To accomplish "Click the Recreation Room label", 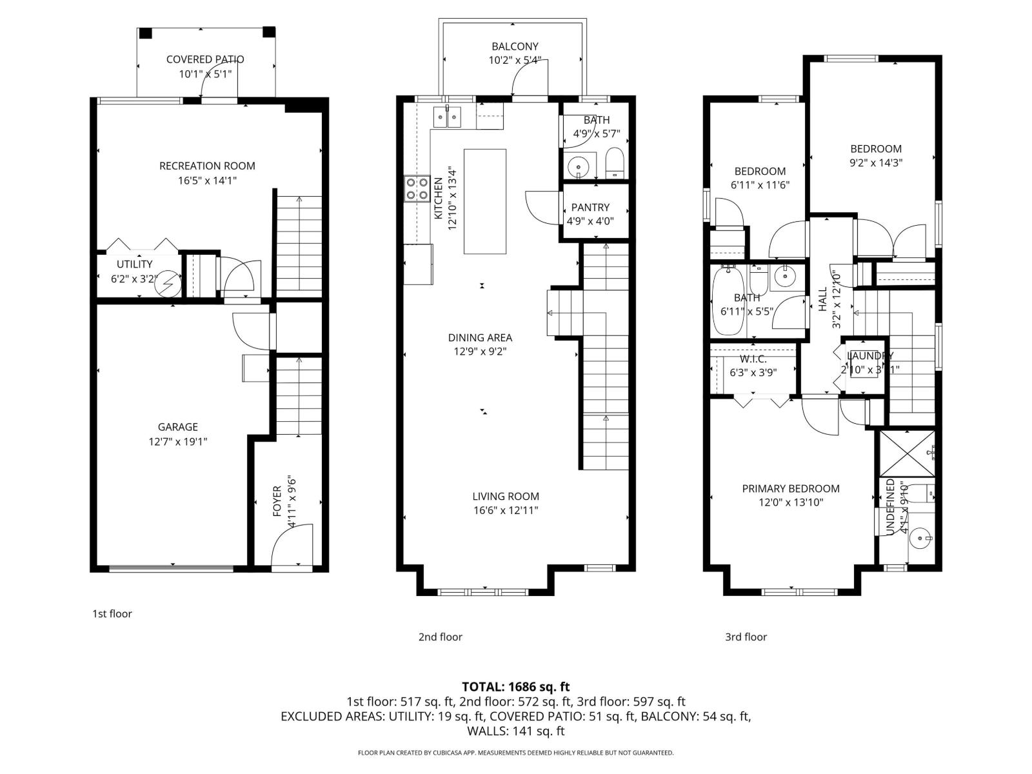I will [207, 166].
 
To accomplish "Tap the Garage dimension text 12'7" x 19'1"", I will [178, 442].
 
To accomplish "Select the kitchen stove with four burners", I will [417, 188].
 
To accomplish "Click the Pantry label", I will [590, 208].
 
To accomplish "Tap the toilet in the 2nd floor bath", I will [615, 163].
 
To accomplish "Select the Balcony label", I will [515, 46].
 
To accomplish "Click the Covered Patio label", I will [205, 59].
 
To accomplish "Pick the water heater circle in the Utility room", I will [170, 282].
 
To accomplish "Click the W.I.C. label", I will [753, 359].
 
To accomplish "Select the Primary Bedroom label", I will [791, 489].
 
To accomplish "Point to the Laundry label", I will [869, 356].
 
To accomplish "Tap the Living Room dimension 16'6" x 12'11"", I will [505, 510].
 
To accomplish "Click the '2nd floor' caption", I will [440, 637].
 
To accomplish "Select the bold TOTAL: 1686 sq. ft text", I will [515, 687].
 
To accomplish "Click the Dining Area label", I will [480, 337].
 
